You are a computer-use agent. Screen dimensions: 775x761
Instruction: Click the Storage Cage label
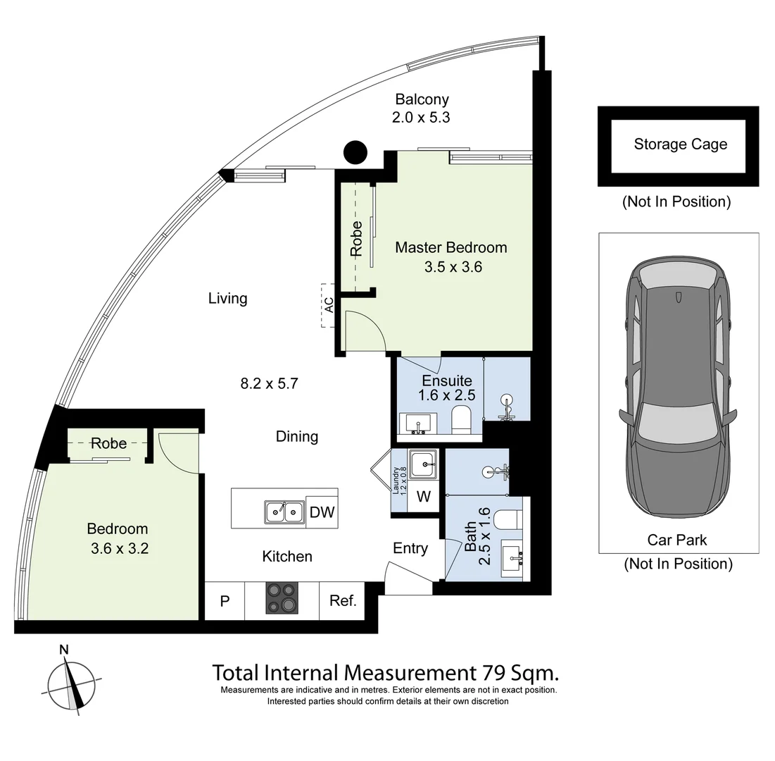[x=680, y=144]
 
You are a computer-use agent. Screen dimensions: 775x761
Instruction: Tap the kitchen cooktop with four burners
[x=282, y=598]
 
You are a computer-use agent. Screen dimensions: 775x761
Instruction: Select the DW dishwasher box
[x=322, y=512]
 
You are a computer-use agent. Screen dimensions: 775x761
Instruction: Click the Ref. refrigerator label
[x=343, y=600]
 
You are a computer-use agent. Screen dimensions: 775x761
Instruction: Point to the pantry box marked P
[x=225, y=600]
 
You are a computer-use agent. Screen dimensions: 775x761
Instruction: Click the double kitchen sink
[x=284, y=512]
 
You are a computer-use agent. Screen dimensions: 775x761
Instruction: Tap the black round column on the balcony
[x=355, y=152]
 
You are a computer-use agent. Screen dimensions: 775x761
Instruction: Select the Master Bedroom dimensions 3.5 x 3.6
[x=453, y=266]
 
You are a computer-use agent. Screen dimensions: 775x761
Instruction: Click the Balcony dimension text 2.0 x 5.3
[x=421, y=117]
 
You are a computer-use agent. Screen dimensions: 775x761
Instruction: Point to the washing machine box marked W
[x=424, y=496]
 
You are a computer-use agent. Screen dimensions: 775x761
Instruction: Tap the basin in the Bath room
[x=512, y=558]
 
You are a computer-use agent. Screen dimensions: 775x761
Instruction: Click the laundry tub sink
[x=424, y=464]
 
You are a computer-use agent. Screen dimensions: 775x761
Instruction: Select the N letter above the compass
[x=64, y=650]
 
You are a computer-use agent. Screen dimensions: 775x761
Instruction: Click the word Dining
[x=296, y=436]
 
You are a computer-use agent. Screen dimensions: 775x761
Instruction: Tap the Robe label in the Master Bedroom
[x=356, y=238]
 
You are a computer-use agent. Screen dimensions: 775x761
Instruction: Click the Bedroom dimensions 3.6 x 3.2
[x=120, y=548]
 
